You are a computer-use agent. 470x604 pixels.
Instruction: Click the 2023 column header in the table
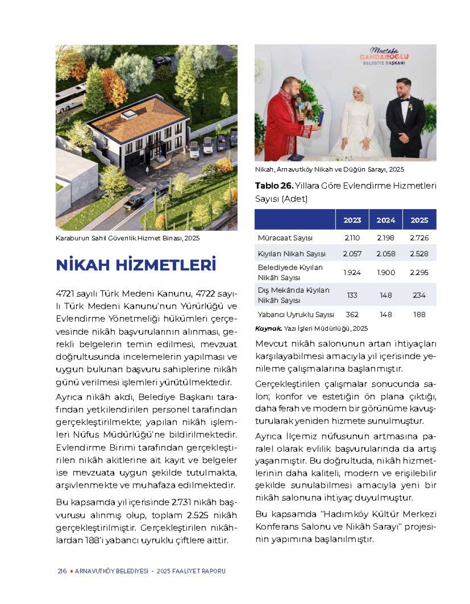[352, 220]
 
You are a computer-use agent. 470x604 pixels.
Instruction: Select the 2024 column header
[386, 220]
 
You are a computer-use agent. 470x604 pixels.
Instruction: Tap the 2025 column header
[419, 220]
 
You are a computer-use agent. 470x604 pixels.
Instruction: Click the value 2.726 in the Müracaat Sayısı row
[419, 238]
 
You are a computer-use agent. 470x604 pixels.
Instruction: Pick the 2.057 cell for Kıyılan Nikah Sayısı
[352, 254]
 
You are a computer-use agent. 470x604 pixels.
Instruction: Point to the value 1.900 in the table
[386, 273]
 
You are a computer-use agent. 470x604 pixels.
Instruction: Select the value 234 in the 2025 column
[419, 295]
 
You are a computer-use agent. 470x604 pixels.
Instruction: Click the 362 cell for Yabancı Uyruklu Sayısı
[352, 314]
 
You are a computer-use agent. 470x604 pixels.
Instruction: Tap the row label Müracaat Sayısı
[285, 238]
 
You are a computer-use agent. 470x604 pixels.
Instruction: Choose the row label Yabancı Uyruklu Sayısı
[296, 314]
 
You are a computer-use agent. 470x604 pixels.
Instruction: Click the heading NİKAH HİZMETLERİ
[136, 265]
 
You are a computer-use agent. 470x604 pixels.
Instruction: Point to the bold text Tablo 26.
[274, 186]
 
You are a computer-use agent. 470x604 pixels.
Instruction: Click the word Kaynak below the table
[268, 329]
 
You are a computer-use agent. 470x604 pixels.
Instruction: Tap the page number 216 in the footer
[62, 571]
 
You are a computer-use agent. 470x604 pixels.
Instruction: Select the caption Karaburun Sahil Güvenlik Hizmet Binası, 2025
[127, 238]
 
